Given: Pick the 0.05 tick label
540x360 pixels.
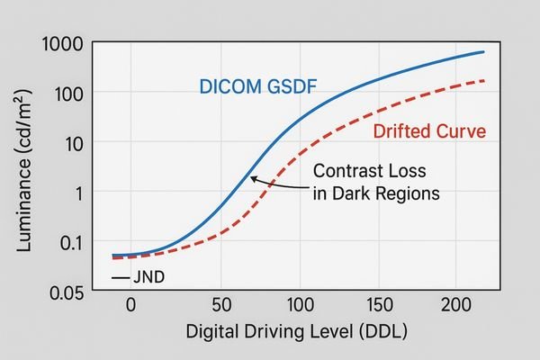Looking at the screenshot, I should coord(65,292).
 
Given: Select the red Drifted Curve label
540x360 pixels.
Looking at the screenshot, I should coord(428,131).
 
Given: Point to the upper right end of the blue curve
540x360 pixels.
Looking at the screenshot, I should coord(483,52).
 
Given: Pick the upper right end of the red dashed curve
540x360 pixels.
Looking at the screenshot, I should coord(483,81).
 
